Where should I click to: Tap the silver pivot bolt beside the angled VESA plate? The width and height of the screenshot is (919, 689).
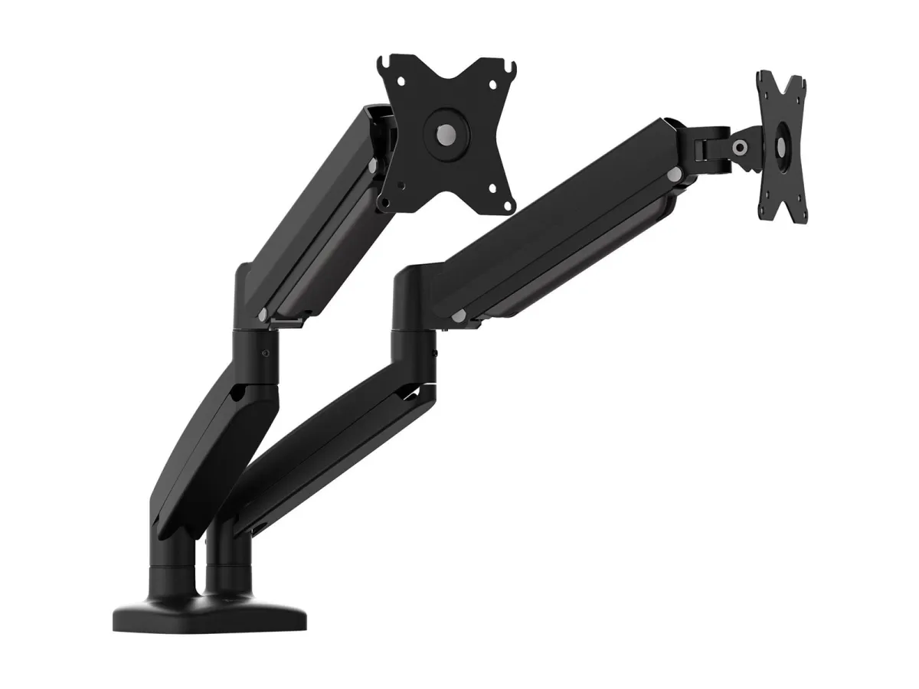click(740, 147)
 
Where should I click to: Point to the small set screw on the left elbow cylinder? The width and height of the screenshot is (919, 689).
click(265, 354)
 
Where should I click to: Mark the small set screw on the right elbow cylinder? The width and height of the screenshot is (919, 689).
click(434, 354)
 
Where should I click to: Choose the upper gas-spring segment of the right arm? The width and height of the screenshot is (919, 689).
click(551, 222)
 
